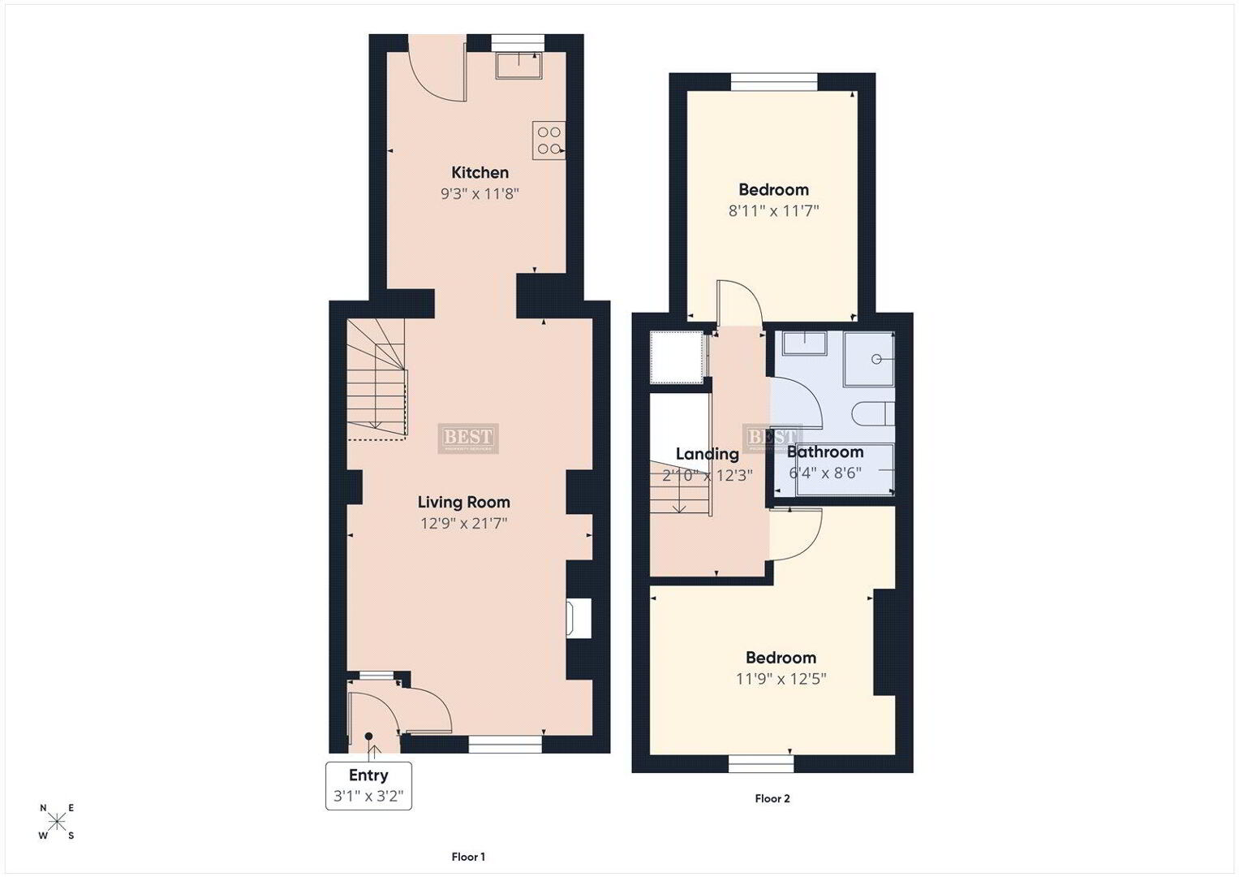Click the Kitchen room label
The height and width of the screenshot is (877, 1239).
480,173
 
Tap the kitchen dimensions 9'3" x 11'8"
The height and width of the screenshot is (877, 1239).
480,194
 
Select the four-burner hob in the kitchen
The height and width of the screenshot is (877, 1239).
549,140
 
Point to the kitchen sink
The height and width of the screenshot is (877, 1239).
518,65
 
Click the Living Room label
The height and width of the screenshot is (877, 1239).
463,502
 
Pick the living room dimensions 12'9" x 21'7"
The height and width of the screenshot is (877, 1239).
463,523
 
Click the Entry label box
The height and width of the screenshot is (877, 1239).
368,786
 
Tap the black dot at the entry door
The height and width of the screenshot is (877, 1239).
368,736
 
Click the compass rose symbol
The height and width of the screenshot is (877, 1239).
57,822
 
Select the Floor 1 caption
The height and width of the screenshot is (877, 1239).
468,857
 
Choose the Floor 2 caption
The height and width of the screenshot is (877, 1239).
772,798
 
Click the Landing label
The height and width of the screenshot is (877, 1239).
707,454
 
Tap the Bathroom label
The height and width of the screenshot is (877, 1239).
824,451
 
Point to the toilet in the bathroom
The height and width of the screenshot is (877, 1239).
873,413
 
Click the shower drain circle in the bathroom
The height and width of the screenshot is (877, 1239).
875,359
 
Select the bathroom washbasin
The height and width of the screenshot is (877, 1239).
805,343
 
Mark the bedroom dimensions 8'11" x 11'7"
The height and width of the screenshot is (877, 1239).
773,211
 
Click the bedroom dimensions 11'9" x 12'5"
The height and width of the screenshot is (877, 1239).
781,679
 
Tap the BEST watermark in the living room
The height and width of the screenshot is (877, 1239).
468,438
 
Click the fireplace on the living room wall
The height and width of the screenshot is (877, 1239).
579,618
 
